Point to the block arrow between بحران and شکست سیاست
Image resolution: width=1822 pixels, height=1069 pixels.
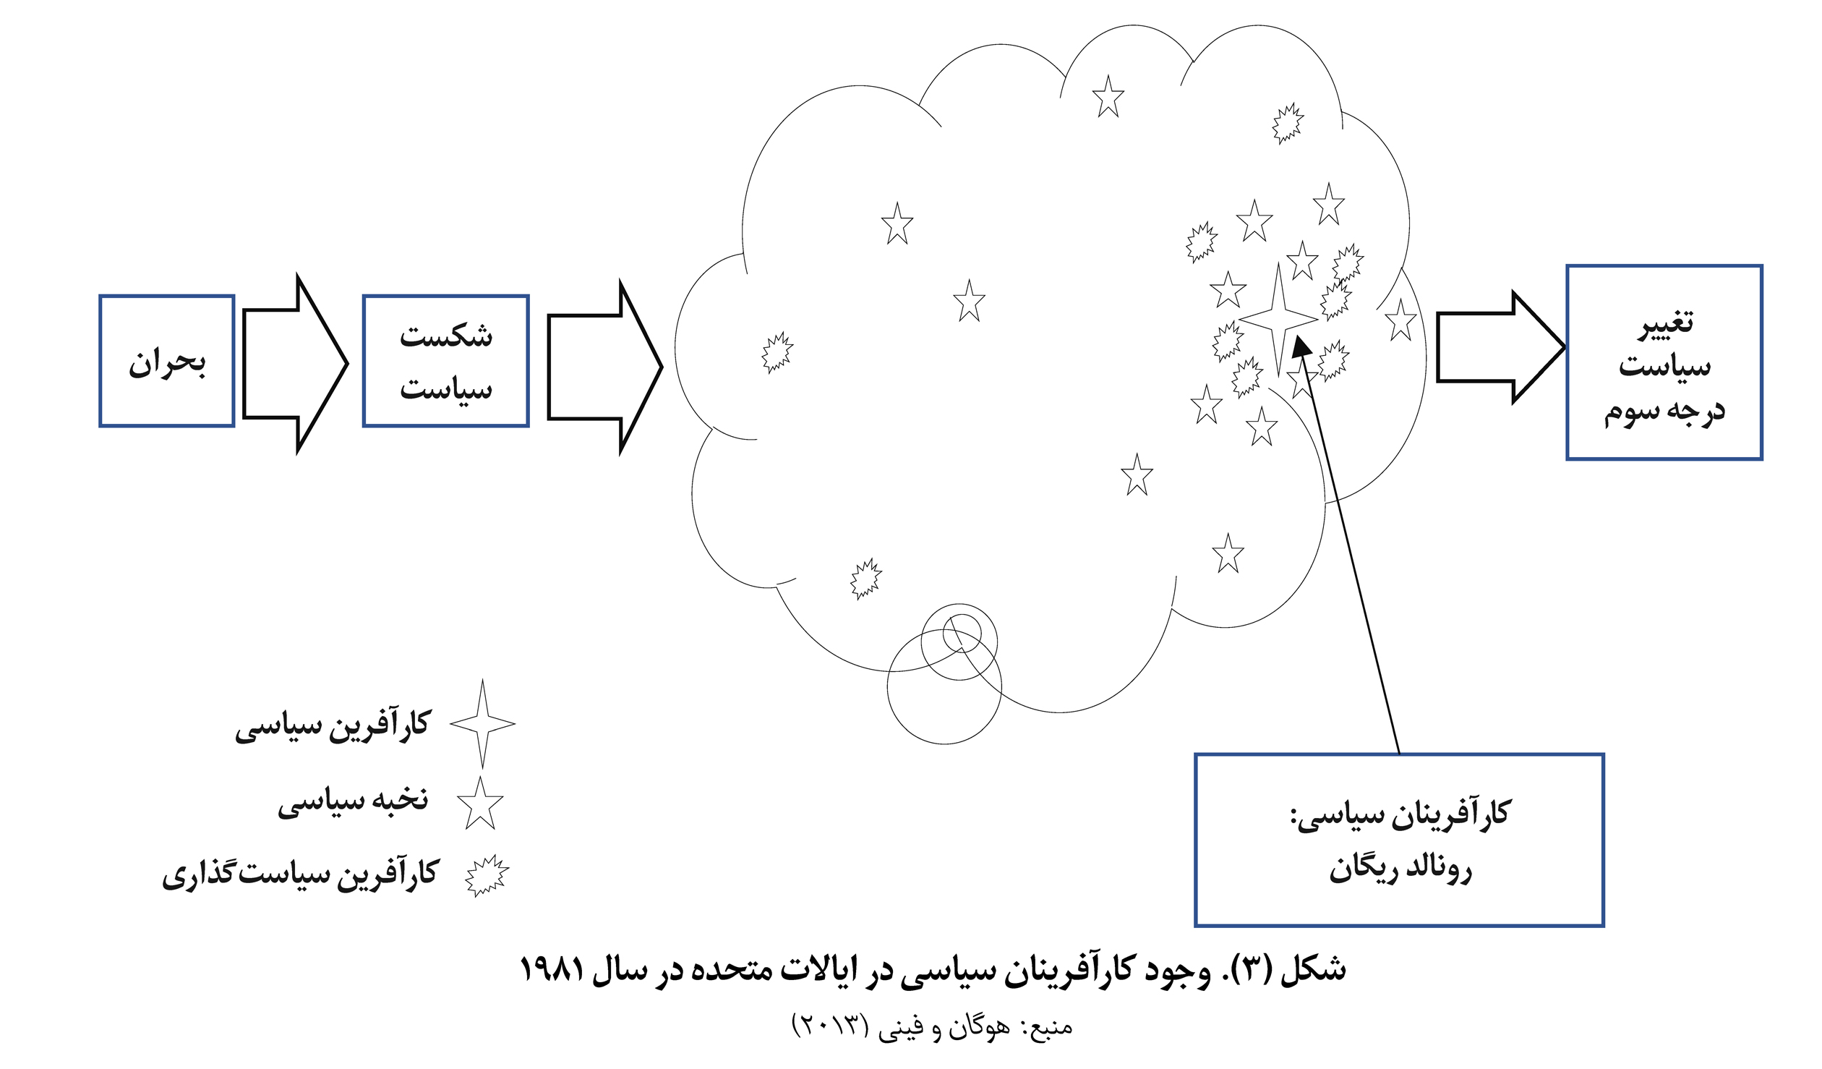coord(295,364)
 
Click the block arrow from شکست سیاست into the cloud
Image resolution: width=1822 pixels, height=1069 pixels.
coord(604,367)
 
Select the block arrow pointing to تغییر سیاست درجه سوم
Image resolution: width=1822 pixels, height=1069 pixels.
coord(1500,347)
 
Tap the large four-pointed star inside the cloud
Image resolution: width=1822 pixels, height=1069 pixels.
coord(1278,319)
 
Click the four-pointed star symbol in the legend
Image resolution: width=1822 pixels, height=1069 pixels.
coord(482,723)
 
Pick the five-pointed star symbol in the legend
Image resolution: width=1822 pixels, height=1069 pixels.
coord(480,804)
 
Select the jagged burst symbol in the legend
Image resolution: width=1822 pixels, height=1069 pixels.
coord(487,876)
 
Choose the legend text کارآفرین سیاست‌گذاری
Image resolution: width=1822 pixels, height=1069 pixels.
coord(300,873)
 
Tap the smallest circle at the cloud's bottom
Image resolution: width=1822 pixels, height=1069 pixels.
coord(962,633)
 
